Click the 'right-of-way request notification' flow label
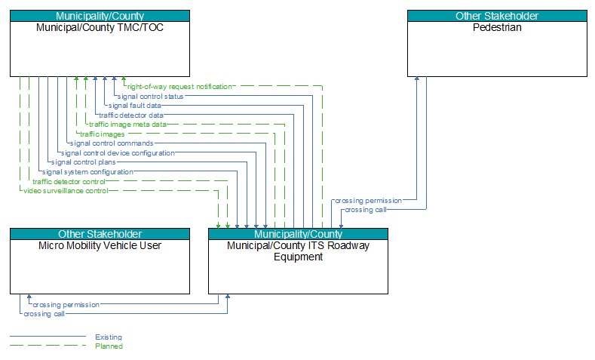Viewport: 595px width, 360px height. [179, 87]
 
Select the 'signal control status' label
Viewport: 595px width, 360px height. [151, 97]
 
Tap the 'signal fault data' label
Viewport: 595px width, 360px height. [135, 106]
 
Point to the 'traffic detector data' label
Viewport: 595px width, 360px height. [131, 115]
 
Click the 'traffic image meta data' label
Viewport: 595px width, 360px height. [127, 125]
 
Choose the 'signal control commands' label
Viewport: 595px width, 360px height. [112, 143]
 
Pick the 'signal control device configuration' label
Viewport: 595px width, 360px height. [118, 153]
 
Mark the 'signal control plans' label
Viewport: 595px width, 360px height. [84, 162]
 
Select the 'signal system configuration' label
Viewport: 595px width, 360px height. [87, 172]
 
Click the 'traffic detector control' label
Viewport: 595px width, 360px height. [69, 182]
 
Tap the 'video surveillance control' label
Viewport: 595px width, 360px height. [66, 191]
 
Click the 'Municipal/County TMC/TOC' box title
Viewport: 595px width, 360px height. [100, 27]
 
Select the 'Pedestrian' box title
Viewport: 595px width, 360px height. [497, 27]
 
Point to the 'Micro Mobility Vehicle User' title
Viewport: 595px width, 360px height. [100, 245]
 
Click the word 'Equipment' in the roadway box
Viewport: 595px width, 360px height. [299, 257]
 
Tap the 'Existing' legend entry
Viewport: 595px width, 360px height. [109, 337]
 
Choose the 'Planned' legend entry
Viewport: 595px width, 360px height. [109, 346]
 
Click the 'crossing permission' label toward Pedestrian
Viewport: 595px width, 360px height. [369, 201]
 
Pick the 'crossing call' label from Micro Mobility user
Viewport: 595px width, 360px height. [44, 314]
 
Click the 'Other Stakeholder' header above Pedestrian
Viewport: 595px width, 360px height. [497, 16]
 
